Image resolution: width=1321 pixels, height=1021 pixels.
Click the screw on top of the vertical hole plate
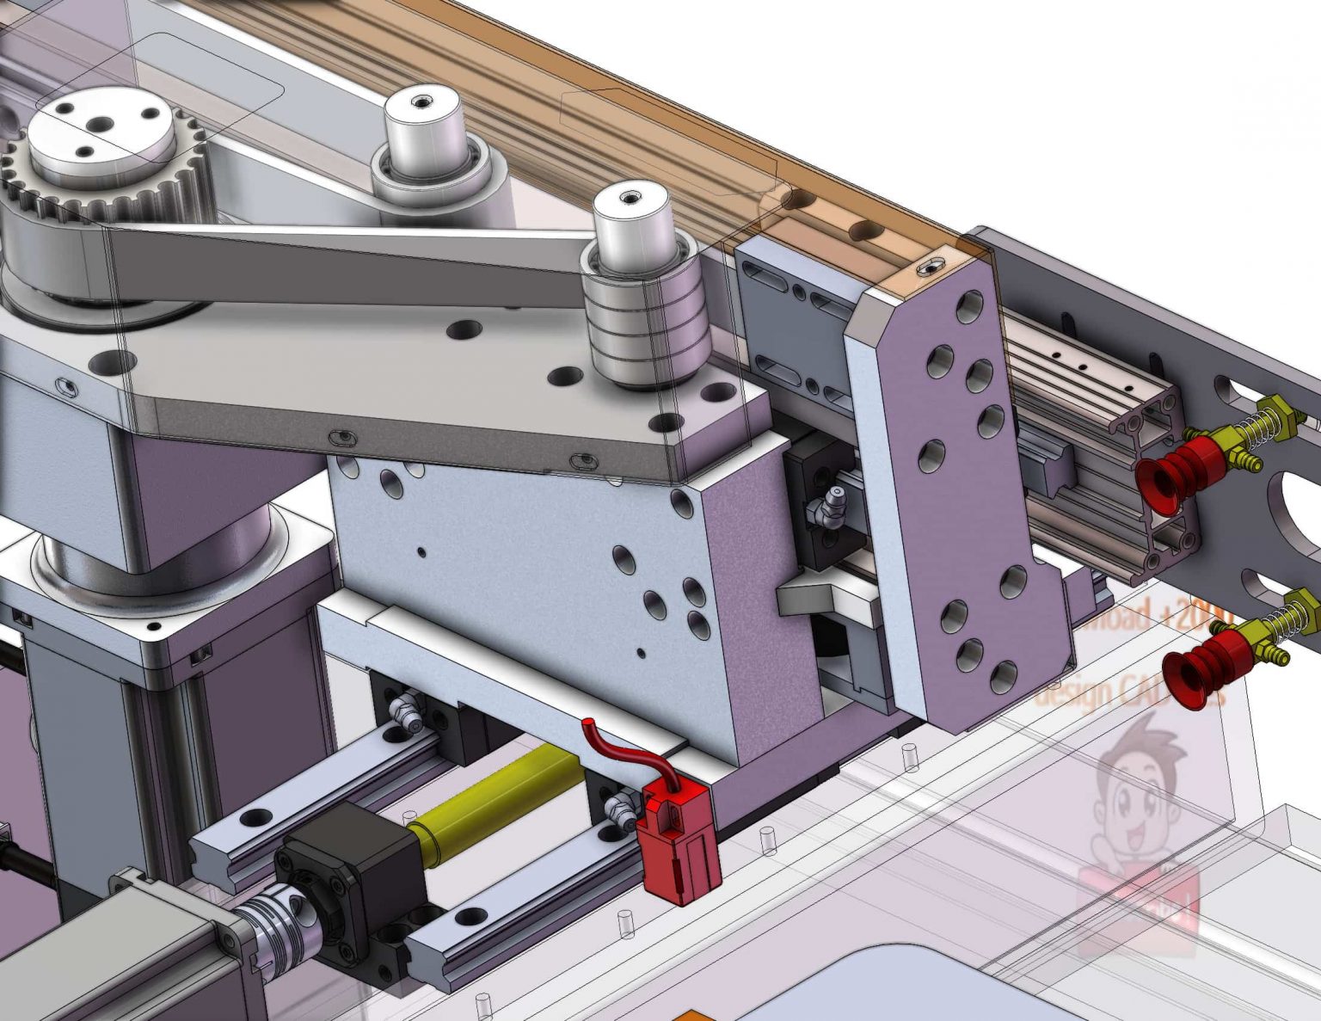coord(927,268)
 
